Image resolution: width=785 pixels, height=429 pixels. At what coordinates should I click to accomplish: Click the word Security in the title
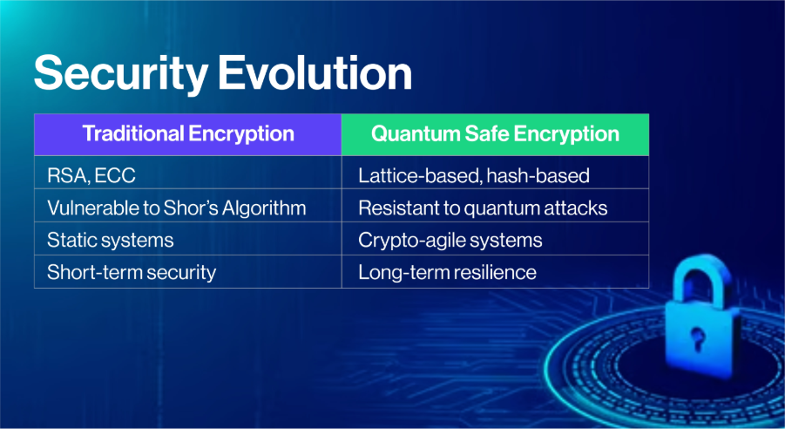point(120,74)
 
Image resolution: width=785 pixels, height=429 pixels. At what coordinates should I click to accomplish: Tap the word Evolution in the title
point(315,72)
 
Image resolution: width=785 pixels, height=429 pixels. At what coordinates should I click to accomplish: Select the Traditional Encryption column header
point(187,134)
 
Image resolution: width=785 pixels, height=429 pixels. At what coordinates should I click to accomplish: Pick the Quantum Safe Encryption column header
point(495,134)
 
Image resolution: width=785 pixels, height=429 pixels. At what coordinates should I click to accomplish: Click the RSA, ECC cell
point(187,173)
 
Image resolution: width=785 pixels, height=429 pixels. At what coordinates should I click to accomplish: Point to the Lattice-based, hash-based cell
point(495,173)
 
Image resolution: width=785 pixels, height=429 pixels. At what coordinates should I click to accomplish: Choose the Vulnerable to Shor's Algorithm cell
point(187,206)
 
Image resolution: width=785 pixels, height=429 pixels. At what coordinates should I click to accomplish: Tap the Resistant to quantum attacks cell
point(495,206)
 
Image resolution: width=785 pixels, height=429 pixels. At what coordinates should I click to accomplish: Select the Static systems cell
point(187,239)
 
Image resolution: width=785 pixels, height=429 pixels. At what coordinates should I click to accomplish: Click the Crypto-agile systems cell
point(495,239)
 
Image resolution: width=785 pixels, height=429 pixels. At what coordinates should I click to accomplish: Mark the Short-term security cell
point(187,272)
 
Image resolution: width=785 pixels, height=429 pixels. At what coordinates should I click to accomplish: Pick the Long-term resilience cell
point(495,272)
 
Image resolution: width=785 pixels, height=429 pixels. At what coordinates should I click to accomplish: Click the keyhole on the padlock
point(697,338)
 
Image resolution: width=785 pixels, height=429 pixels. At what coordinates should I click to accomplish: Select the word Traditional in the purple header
point(133,133)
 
